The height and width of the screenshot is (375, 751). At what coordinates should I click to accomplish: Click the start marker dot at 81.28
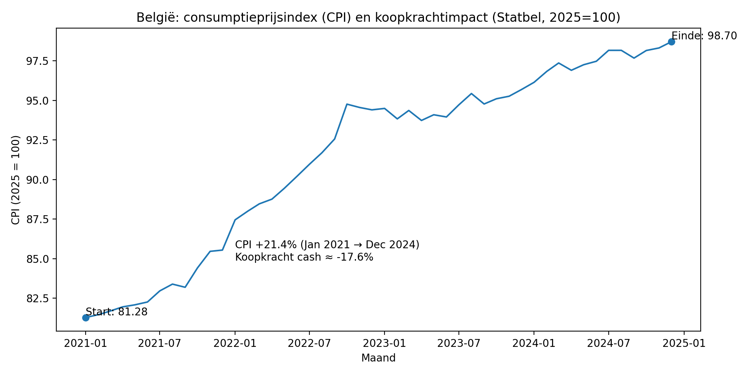[86, 318]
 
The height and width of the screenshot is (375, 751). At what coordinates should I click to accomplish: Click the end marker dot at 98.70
[671, 42]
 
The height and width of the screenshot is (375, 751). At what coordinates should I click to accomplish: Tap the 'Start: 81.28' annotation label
[117, 312]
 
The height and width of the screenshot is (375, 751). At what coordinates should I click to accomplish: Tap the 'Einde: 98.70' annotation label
[704, 36]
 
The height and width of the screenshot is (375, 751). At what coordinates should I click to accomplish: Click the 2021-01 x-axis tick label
[85, 344]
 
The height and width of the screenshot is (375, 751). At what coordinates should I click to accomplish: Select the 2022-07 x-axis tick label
[309, 344]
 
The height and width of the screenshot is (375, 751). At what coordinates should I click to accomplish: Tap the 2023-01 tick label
[384, 344]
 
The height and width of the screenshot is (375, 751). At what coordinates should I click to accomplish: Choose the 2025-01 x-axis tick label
[684, 344]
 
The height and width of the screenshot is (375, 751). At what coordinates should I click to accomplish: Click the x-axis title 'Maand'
[378, 358]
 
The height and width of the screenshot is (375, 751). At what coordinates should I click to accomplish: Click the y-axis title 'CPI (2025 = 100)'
[15, 180]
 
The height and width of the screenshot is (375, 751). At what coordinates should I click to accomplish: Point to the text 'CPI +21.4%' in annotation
[266, 245]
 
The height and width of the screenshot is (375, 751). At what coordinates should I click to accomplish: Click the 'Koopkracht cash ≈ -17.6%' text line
[304, 257]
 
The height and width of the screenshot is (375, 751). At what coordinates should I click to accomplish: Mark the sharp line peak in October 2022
[347, 104]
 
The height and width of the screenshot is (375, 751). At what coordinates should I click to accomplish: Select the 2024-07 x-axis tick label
[608, 344]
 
